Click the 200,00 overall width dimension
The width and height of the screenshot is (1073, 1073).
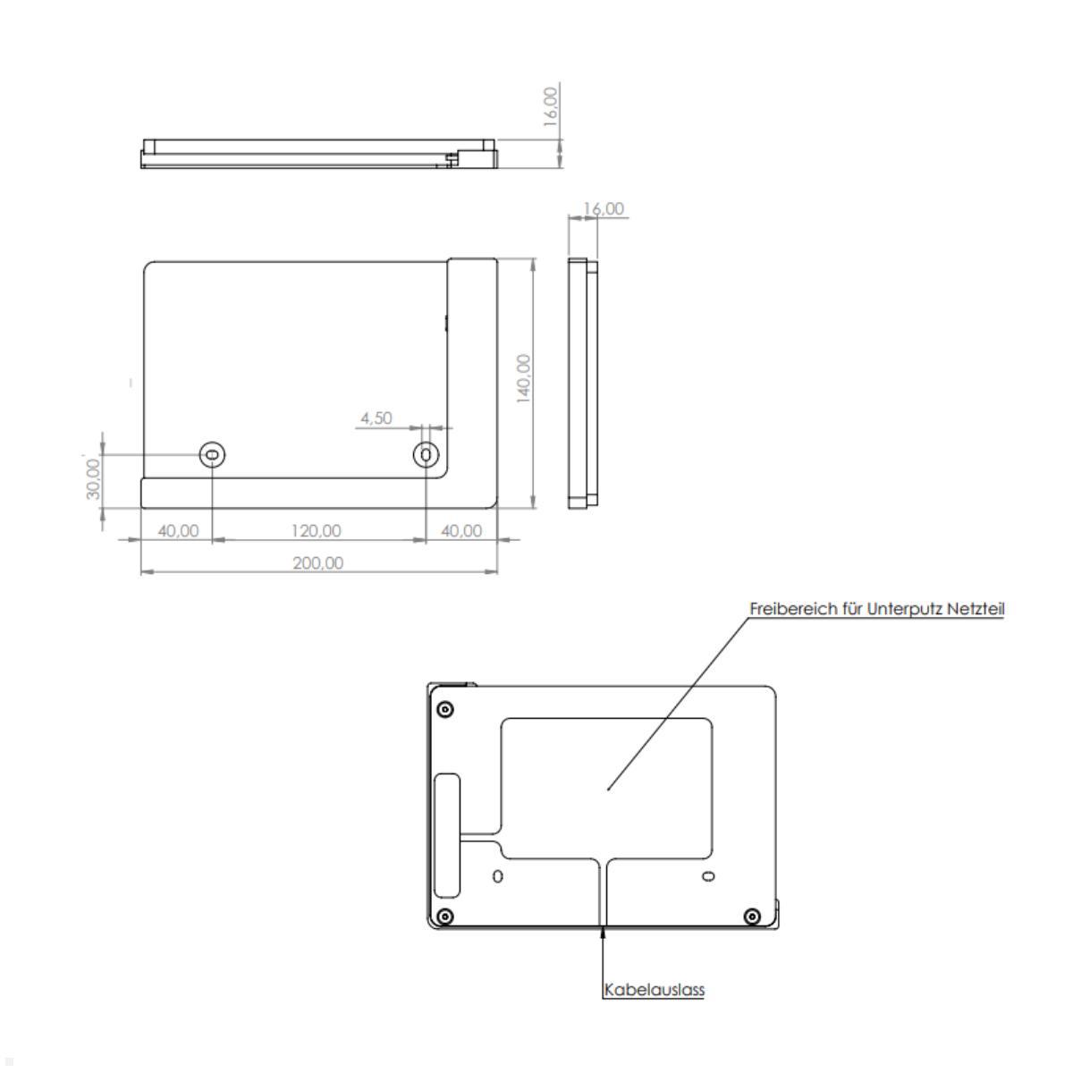click(x=317, y=563)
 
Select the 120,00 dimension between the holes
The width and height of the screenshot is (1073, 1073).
click(x=316, y=531)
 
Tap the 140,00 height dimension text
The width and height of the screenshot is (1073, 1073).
click(x=524, y=378)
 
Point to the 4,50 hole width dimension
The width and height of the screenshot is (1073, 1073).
click(x=376, y=418)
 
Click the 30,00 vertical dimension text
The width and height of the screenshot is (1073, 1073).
click(x=94, y=479)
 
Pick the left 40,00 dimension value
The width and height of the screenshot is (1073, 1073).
click(x=178, y=531)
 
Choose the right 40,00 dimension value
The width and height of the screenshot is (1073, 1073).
click(x=461, y=531)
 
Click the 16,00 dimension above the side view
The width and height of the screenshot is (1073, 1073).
click(x=604, y=209)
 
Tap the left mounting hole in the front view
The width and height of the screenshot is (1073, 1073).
click(x=212, y=455)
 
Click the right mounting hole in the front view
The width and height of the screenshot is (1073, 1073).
click(x=426, y=455)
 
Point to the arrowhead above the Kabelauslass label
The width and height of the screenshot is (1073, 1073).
click(x=604, y=934)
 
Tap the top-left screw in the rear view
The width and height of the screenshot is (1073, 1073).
click(x=445, y=710)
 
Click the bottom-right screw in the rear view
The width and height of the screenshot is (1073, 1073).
click(x=752, y=916)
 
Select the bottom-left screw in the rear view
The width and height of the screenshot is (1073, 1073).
click(x=445, y=916)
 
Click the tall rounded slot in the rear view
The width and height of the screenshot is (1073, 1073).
click(x=446, y=836)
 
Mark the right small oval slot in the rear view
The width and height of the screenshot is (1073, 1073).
click(x=708, y=875)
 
